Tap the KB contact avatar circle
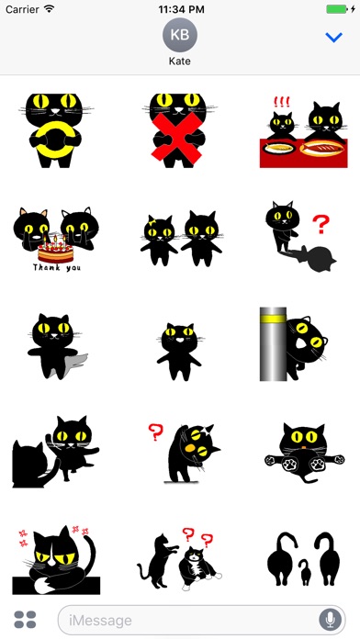click(x=180, y=35)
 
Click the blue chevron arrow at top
click(x=334, y=38)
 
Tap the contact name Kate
click(x=180, y=62)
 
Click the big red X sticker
click(x=177, y=138)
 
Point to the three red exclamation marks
click(x=281, y=102)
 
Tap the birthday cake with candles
click(x=56, y=249)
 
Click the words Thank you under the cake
click(x=57, y=267)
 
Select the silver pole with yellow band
click(x=273, y=344)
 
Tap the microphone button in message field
click(x=331, y=621)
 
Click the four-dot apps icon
click(x=26, y=620)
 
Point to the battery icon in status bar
click(x=337, y=8)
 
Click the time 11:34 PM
click(x=180, y=9)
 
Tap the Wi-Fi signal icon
click(x=50, y=8)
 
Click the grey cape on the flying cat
click(x=77, y=362)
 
